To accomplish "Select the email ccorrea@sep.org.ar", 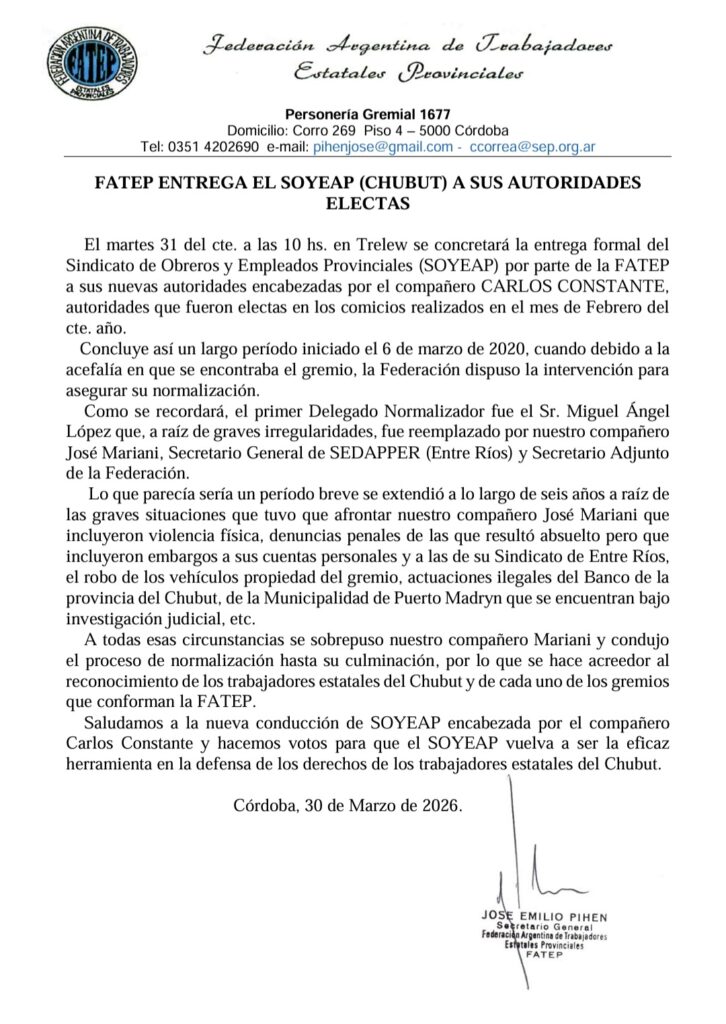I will (x=526, y=146).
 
